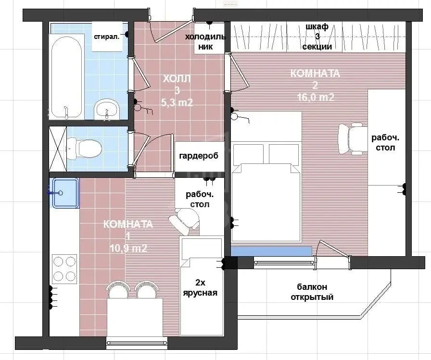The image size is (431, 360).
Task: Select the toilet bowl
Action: click(84, 149)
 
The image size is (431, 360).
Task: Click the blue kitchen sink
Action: click(65, 193)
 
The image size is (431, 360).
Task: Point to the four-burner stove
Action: click(64, 269)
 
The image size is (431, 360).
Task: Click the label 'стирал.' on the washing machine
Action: click(107, 37)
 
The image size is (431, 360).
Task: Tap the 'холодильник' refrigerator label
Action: click(205, 41)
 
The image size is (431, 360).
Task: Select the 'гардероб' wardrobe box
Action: click(199, 157)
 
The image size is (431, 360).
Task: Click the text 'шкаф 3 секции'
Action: click(317, 37)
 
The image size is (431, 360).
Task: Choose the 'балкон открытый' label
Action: click(312, 292)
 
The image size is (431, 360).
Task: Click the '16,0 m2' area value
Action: click(316, 97)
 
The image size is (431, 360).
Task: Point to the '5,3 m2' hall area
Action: click(177, 102)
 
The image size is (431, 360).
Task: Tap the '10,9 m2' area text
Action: click(128, 248)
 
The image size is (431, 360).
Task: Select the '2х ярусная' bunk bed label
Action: click(200, 287)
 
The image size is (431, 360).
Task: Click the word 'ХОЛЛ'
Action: click(177, 79)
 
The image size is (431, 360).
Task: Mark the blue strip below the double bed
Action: click(271, 251)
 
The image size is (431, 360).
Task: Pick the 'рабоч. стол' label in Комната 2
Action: click(385, 143)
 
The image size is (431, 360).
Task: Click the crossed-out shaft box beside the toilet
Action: click(58, 149)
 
